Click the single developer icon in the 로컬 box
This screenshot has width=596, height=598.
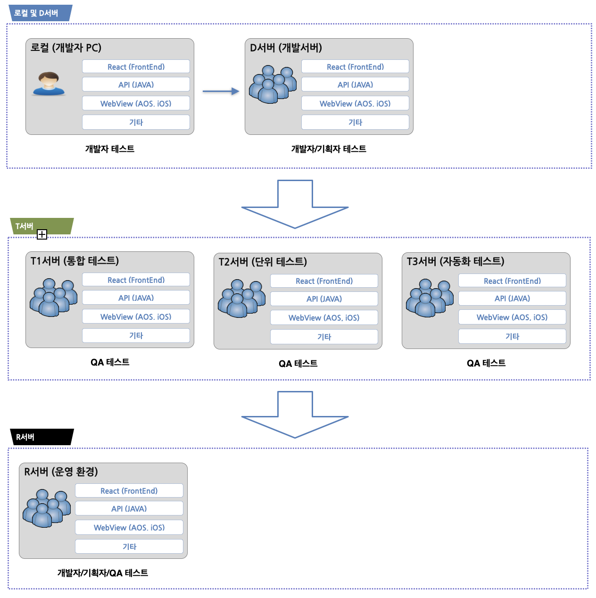pyautogui.click(x=49, y=83)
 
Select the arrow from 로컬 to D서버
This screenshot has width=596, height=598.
pyautogui.click(x=221, y=91)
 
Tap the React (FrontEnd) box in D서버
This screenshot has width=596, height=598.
pyautogui.click(x=355, y=67)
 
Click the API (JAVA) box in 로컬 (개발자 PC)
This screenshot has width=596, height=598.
pyautogui.click(x=136, y=85)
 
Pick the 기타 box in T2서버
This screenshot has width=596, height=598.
pyautogui.click(x=324, y=337)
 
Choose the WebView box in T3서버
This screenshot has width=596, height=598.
pyautogui.click(x=512, y=317)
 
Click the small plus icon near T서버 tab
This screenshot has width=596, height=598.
pyautogui.click(x=42, y=234)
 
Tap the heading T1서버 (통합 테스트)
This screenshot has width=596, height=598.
pyautogui.click(x=74, y=261)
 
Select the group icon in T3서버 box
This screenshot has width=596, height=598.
pyautogui.click(x=429, y=298)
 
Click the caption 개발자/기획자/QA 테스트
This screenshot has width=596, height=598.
pyautogui.click(x=103, y=573)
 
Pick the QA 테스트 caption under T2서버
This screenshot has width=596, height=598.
pyautogui.click(x=298, y=364)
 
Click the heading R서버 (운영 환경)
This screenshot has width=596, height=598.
pyautogui.click(x=61, y=472)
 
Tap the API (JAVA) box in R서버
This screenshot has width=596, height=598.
pyautogui.click(x=129, y=509)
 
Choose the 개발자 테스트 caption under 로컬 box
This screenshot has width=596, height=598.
pyautogui.click(x=110, y=149)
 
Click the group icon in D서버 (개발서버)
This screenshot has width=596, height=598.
pyautogui.click(x=273, y=84)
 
